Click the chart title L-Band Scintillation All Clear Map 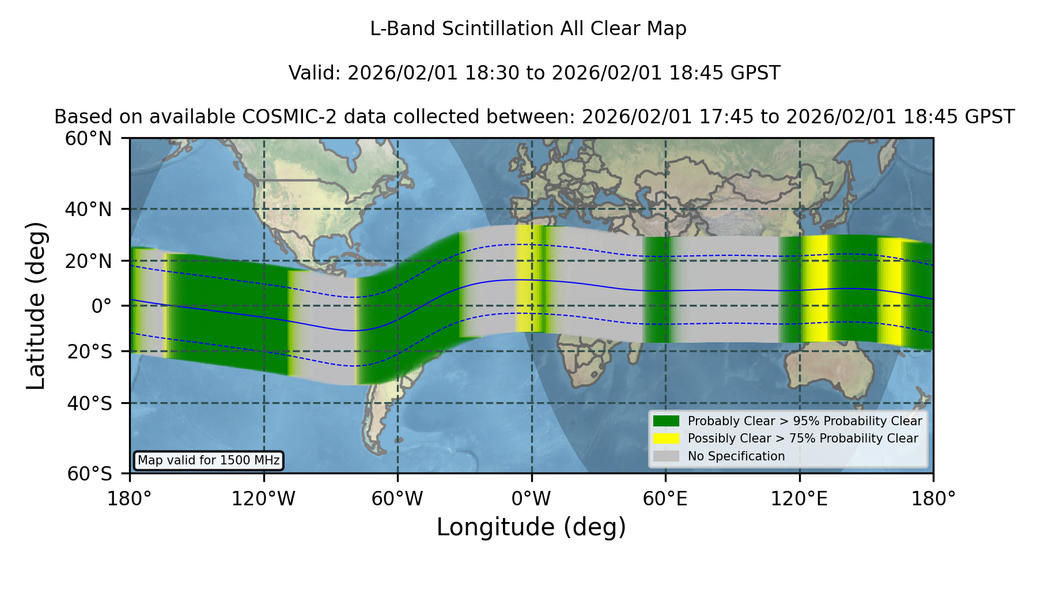pos(528,29)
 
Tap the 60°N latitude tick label pos(89,139)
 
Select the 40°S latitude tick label pos(89,403)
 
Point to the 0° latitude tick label pos(101,306)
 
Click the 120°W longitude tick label pos(263,499)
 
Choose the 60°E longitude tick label pos(665,499)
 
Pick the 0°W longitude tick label pos(532,499)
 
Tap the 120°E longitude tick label pos(800,499)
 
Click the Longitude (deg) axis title pos(531,527)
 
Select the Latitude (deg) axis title pos(36,305)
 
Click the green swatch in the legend pos(667,421)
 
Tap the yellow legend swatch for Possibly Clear pos(667,438)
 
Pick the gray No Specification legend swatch pos(667,456)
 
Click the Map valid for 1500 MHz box pos(209,460)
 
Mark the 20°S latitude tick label pos(89,351)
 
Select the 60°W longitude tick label pos(398,499)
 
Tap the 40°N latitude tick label pos(89,209)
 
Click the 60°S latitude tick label pos(89,474)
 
